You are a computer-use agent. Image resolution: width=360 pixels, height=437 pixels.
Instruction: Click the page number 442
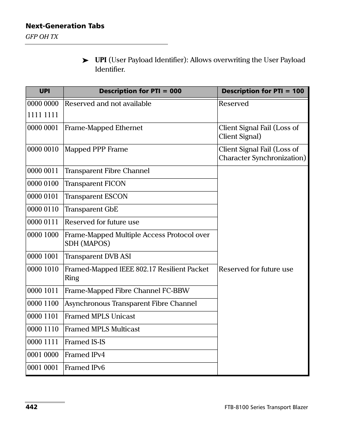pos(31,407)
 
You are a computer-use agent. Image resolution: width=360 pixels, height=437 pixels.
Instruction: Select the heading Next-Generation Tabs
pos(65,26)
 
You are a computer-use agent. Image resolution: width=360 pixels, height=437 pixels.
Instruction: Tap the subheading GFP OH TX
pos(42,37)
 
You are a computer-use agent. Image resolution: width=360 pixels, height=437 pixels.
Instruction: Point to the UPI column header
pos(45,91)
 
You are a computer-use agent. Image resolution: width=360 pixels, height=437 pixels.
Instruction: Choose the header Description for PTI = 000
pos(140,91)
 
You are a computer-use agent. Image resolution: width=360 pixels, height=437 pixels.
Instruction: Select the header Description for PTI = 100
pos(263,91)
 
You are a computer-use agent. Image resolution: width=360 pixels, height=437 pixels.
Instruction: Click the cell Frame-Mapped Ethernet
pos(104,128)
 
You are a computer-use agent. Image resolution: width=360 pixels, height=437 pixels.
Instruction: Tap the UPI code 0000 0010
pos(43,149)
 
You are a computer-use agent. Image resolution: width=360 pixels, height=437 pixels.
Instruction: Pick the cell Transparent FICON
pos(95,184)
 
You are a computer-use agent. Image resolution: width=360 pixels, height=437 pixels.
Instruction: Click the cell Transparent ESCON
pos(96,196)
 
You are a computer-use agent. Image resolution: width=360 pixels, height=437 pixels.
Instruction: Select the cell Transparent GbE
pos(91,209)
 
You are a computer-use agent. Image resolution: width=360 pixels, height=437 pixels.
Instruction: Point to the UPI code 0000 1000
pos(43,235)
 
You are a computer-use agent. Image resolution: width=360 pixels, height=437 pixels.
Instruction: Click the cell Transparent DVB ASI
pos(98,256)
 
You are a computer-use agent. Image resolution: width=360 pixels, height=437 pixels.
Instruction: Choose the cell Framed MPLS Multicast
pos(102,329)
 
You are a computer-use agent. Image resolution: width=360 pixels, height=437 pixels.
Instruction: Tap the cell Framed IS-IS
pos(85,342)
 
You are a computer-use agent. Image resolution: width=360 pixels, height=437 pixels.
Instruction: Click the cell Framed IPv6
pos(85,368)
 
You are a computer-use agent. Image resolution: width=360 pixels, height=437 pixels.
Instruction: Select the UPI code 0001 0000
pos(43,355)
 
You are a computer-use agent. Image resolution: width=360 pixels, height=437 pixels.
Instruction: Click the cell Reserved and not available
pos(108,104)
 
